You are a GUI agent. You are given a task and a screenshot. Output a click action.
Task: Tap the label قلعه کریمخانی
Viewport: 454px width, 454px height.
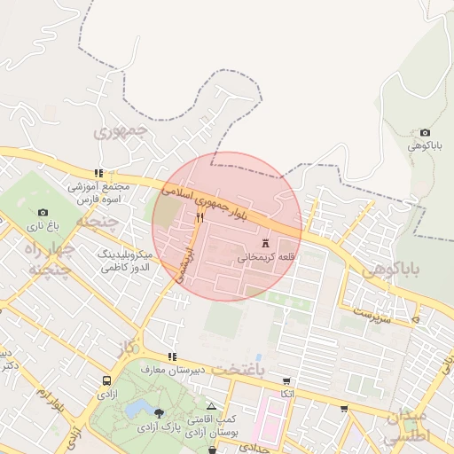click(265, 257)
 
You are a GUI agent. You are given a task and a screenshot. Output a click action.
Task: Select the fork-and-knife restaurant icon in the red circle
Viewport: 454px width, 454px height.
click(200, 218)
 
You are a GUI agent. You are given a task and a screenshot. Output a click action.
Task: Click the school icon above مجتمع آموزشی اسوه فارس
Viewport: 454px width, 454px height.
click(98, 174)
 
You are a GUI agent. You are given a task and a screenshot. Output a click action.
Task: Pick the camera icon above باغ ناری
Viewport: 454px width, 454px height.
click(43, 212)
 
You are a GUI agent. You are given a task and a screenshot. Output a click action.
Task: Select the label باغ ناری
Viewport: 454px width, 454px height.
click(39, 226)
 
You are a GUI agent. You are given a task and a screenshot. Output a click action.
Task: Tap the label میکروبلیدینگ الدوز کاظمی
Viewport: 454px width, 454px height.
click(125, 261)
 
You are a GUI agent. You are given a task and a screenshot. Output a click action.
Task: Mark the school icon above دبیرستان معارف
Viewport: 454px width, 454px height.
click(171, 356)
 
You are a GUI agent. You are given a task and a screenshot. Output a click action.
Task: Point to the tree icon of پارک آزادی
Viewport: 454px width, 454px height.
click(158, 413)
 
